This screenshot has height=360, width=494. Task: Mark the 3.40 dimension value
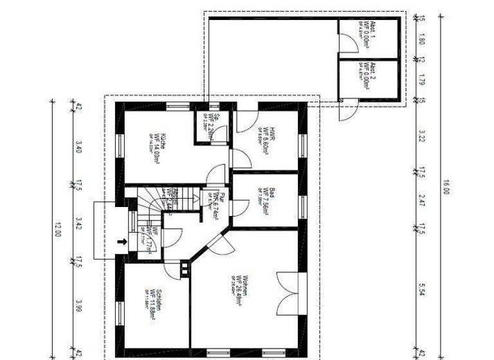click(x=79, y=147)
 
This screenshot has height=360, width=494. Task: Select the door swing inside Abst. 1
click(x=347, y=43)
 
